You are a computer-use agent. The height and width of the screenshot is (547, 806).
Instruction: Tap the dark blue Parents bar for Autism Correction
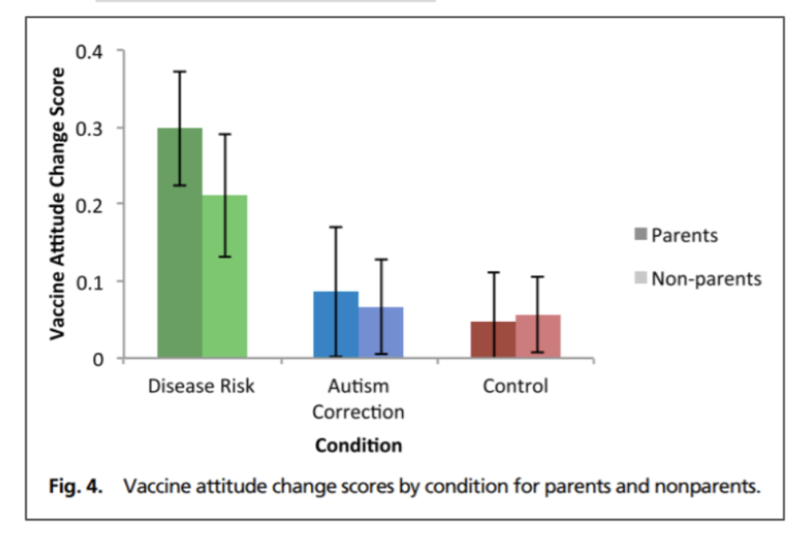[x=335, y=325]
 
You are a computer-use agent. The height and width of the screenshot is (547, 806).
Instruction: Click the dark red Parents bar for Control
[x=492, y=339]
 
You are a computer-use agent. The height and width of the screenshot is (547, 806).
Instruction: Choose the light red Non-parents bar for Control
[x=538, y=336]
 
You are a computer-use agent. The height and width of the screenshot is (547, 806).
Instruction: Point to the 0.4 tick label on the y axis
[x=89, y=51]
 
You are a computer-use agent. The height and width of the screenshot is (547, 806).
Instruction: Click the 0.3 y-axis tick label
[x=89, y=128]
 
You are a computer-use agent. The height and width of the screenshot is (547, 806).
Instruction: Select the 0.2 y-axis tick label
[x=89, y=204]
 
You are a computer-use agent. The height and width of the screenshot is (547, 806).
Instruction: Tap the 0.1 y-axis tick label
[x=89, y=281]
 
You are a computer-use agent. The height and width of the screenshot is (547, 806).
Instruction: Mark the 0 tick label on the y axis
[x=98, y=359]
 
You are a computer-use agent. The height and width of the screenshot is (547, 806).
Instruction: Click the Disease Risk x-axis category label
[x=201, y=386]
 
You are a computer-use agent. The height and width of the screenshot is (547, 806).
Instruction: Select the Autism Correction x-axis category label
[x=358, y=399]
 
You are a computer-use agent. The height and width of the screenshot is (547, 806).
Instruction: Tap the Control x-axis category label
[x=515, y=386]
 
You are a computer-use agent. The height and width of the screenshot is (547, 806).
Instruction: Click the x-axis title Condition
[x=358, y=446]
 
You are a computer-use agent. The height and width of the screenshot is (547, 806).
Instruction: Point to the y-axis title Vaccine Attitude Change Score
[x=56, y=203]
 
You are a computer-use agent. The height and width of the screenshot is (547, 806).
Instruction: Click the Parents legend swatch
[x=640, y=234]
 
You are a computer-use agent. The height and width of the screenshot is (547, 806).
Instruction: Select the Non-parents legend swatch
[x=640, y=279]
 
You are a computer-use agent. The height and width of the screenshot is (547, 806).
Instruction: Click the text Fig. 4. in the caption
[x=73, y=486]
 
